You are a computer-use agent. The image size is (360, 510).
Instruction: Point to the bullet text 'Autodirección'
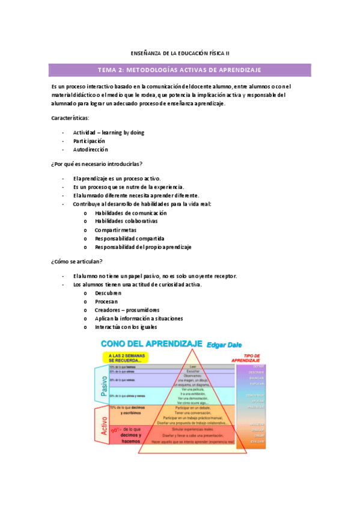click(x=91, y=149)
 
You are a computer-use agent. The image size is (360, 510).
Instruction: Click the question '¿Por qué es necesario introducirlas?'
click(x=97, y=164)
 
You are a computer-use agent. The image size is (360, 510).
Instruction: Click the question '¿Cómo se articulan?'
click(x=76, y=261)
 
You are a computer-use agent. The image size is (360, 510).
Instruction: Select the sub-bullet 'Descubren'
click(x=108, y=292)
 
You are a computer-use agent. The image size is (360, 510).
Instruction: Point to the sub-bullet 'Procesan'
click(x=106, y=301)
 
